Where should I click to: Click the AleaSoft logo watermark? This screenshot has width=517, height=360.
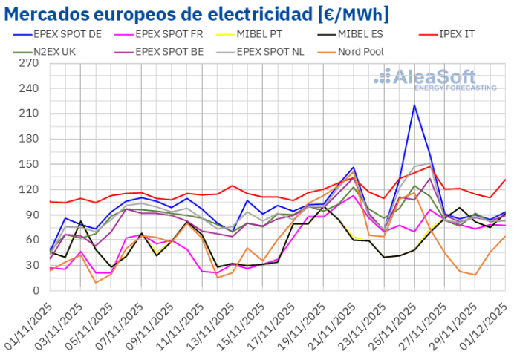tap(435, 79)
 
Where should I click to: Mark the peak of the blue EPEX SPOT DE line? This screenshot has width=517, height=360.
tap(414, 105)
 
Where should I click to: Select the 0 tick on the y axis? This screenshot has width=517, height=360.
tap(35, 290)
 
